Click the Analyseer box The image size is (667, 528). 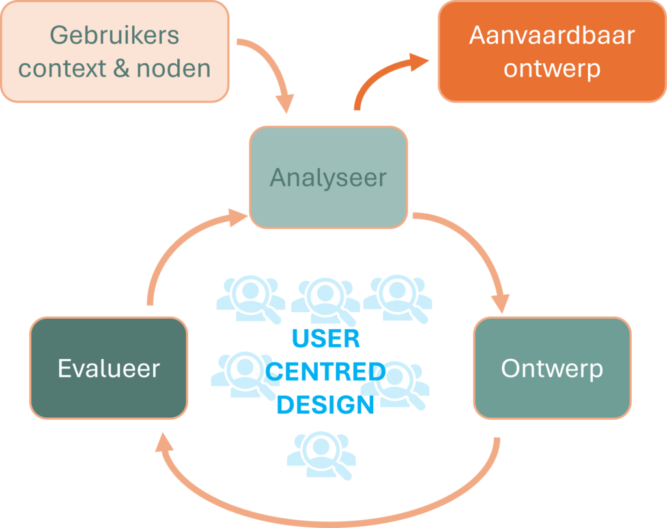tap(328, 177)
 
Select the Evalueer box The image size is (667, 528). tap(109, 368)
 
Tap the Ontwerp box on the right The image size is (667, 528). tap(552, 368)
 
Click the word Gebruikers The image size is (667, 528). tap(115, 35)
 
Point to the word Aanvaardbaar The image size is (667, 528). tap(552, 35)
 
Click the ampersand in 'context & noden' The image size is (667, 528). tap(121, 68)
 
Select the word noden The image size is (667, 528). tap(174, 68)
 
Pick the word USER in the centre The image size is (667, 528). tap(326, 339)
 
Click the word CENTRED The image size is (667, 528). tap(326, 372)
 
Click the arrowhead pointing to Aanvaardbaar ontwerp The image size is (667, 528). tap(420, 63)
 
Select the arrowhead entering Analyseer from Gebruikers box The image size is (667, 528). tap(285, 104)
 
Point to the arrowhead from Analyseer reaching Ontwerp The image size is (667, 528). tap(500, 304)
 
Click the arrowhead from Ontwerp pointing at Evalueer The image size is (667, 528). tap(165, 443)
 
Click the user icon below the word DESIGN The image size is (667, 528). tap(321, 451)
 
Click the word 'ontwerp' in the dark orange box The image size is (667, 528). tap(552, 68)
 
